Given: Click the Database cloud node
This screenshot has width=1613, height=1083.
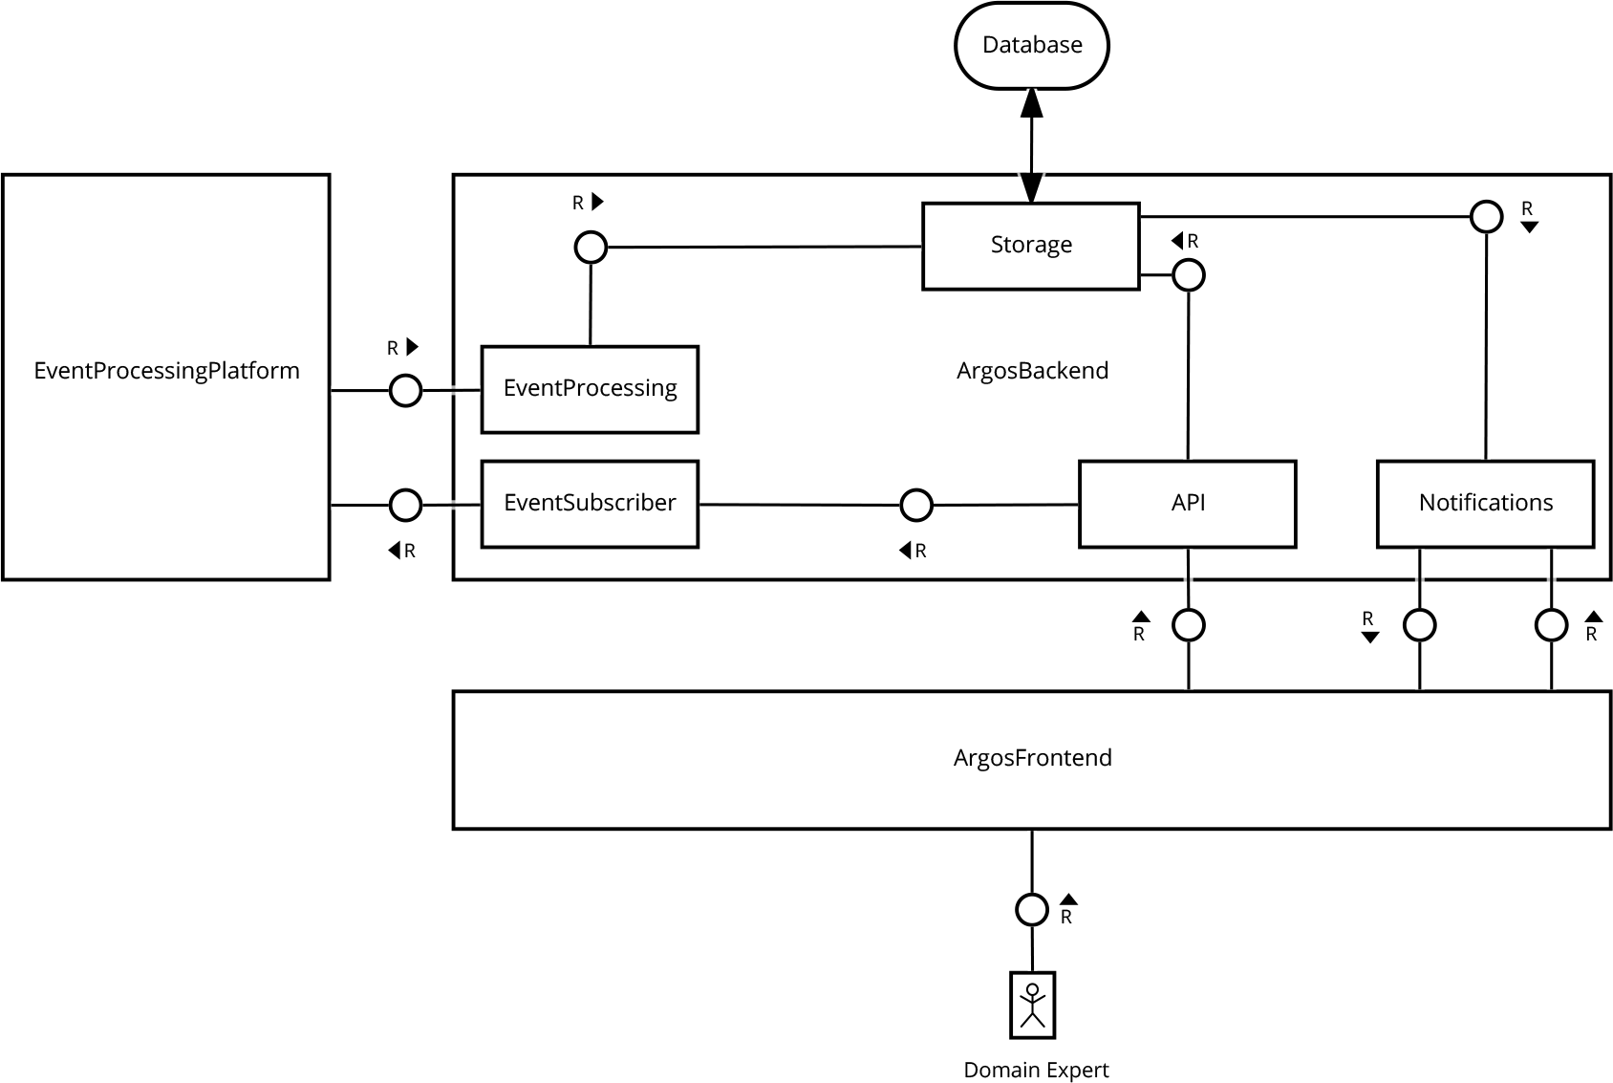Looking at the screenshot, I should click(x=1032, y=45).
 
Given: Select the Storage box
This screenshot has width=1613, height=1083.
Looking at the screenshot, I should click(x=1031, y=246).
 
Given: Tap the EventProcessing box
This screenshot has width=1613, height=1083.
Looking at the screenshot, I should click(x=590, y=389).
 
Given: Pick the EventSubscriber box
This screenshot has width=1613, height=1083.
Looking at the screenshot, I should click(x=590, y=504).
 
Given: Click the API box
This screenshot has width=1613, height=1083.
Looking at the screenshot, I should click(x=1188, y=504).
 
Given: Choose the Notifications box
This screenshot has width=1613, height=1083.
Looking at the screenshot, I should click(x=1486, y=504).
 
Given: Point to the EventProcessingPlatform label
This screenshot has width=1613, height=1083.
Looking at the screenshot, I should click(x=166, y=371).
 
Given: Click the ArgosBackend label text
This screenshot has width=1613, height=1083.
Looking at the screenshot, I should click(x=1032, y=371).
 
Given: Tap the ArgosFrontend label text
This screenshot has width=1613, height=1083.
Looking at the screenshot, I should click(x=1032, y=758).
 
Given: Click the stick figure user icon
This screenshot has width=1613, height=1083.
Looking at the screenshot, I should click(x=1032, y=1005).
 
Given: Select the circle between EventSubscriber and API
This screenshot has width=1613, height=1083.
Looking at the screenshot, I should click(x=916, y=504).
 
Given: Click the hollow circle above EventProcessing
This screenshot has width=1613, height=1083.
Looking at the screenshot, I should click(x=591, y=248).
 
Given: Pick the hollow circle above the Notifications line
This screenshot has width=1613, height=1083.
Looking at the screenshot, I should click(x=1486, y=216).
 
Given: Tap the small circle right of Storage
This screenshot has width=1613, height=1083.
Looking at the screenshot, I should click(x=1188, y=275).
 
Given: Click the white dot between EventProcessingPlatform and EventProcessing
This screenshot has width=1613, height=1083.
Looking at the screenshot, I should click(x=405, y=390).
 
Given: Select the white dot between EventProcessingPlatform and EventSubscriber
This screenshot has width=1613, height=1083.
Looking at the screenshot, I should click(x=405, y=505).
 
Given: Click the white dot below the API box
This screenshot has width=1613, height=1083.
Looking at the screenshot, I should click(x=1188, y=625).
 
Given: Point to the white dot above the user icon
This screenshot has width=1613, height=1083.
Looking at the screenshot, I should click(x=1032, y=909).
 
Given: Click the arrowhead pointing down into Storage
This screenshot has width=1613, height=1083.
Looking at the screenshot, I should click(x=1031, y=188).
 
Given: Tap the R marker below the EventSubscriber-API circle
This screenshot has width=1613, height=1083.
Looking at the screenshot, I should click(x=913, y=552).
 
